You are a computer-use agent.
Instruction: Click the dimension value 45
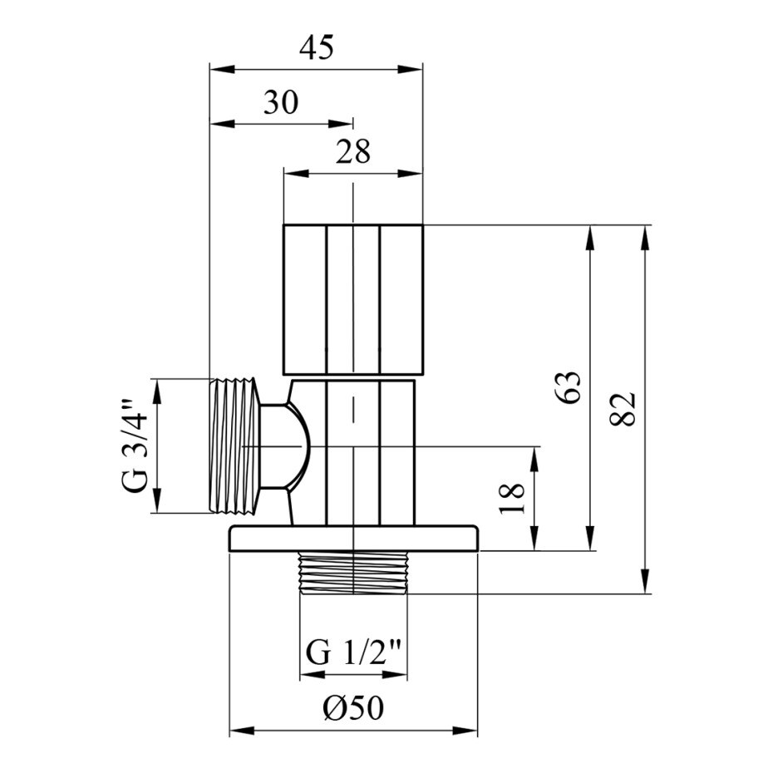click(317, 48)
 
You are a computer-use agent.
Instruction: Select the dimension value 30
click(281, 102)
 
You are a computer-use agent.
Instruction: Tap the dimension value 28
click(353, 151)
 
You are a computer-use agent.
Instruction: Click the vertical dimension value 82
click(623, 409)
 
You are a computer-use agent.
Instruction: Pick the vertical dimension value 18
click(511, 499)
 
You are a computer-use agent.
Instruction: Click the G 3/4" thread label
click(134, 446)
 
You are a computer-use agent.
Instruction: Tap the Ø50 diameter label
click(353, 709)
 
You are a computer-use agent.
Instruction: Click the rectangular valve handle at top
click(353, 299)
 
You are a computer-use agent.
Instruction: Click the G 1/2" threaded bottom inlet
click(353, 574)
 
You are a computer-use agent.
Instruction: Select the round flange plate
click(353, 539)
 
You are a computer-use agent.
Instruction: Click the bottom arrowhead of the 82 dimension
click(645, 582)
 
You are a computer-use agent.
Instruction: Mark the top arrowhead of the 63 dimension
click(590, 237)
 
